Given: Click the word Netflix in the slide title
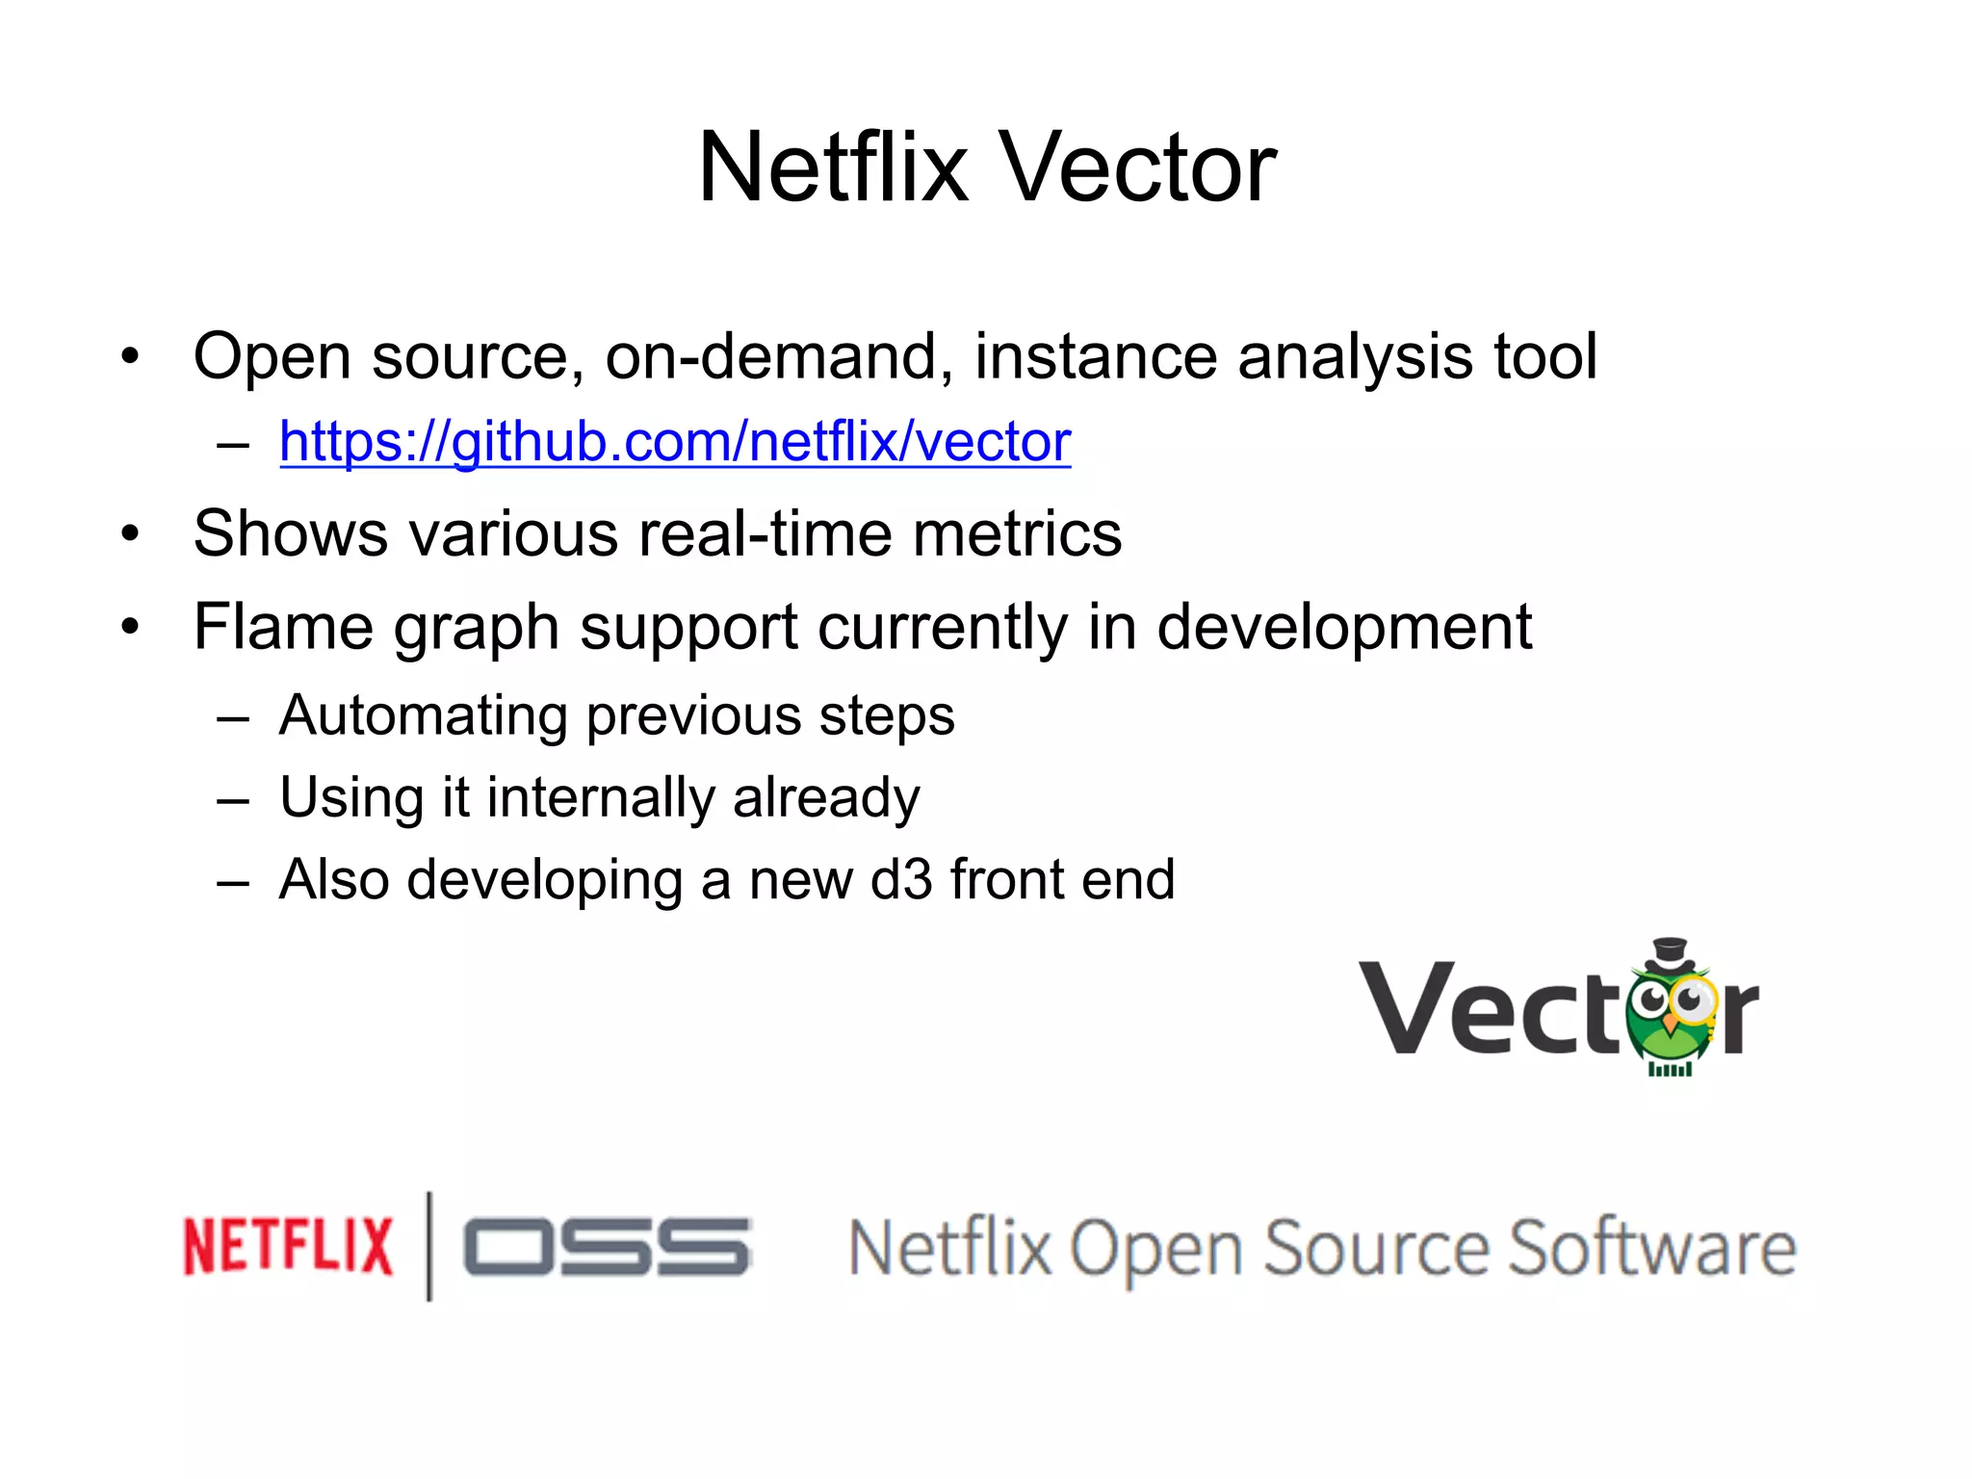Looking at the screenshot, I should [x=833, y=169].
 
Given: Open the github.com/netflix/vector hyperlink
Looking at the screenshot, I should [x=674, y=442].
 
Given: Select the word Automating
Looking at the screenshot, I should [x=423, y=716].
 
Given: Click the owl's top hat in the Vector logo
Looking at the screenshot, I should [x=1670, y=954].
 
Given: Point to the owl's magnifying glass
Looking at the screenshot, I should [x=1692, y=1001].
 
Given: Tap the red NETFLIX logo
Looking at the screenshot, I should [x=288, y=1247].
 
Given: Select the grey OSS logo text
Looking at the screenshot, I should [x=606, y=1247].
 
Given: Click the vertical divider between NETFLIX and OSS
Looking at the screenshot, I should [x=429, y=1246].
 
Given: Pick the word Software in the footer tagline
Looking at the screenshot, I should [x=1651, y=1249].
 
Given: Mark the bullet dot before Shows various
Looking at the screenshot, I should [x=131, y=533].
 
